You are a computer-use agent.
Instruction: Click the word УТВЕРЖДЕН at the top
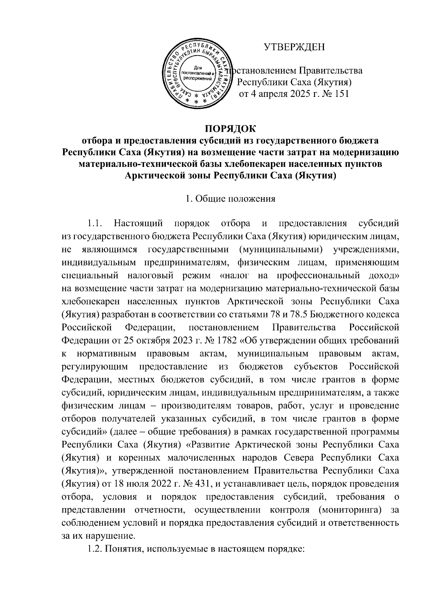click(x=294, y=47)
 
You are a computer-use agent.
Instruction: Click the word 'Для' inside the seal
click(x=198, y=67)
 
